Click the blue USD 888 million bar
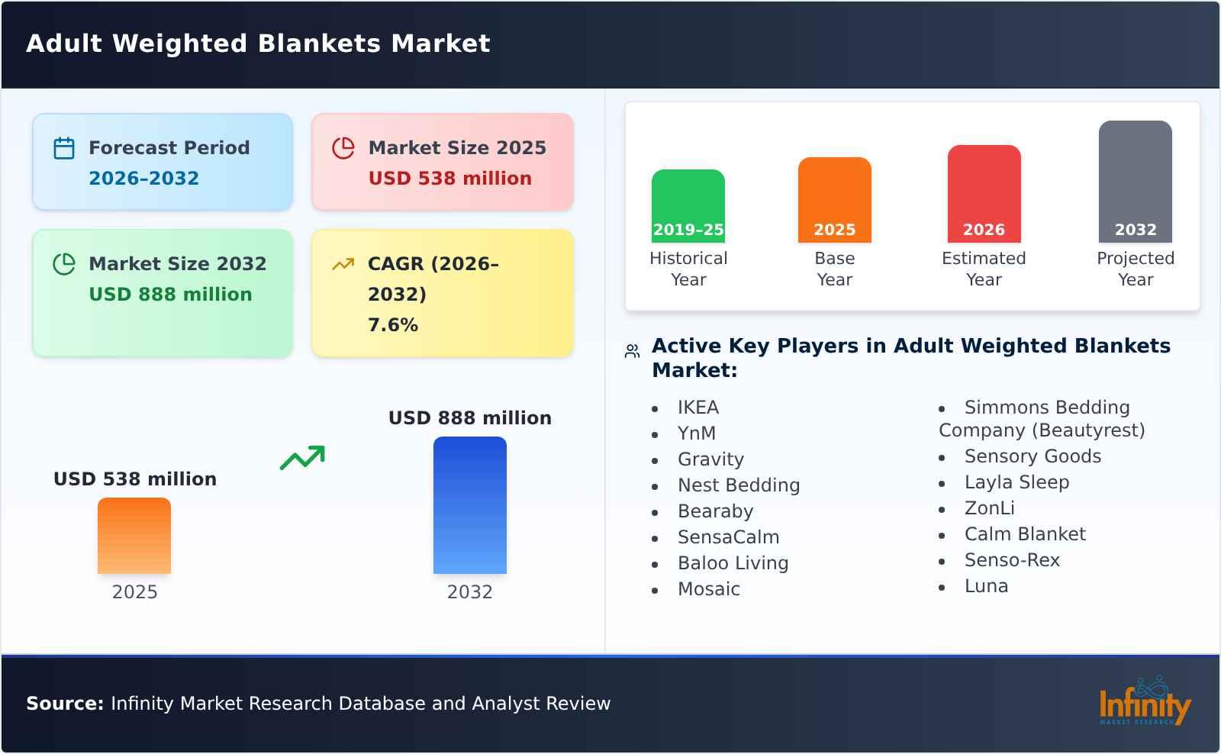coord(469,504)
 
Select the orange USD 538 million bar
coord(134,535)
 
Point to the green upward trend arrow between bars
coord(302,458)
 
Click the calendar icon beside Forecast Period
coord(64,148)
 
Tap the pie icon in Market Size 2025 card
coord(343,148)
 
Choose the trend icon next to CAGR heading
coord(343,264)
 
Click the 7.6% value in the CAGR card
coord(392,325)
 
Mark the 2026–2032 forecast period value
coord(143,179)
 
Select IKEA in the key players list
coord(697,408)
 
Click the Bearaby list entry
coord(715,511)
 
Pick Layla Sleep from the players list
coord(1016,482)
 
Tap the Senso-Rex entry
coord(1012,560)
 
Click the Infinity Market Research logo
coord(1144,701)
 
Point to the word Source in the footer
coord(64,704)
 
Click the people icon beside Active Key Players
coord(632,351)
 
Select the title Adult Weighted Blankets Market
coord(258,43)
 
